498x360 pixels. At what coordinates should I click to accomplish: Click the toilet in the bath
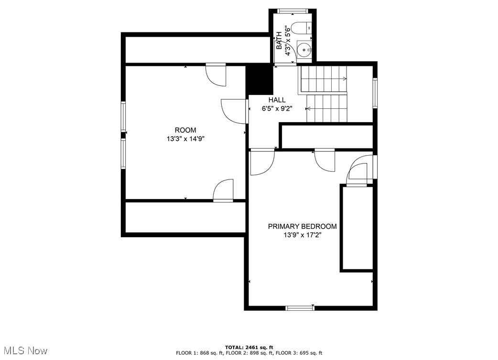[x=302, y=28]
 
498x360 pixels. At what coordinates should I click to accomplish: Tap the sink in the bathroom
[x=304, y=50]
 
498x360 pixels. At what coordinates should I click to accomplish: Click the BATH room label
[x=279, y=40]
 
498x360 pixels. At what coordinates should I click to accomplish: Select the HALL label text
[x=277, y=100]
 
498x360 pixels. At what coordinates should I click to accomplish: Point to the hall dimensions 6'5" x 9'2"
[x=277, y=108]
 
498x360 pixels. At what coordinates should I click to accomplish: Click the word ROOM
[x=185, y=130]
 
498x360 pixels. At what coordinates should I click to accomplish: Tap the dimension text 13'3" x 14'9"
[x=185, y=138]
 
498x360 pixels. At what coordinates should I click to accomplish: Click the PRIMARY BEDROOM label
[x=303, y=226]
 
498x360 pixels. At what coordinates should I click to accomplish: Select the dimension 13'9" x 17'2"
[x=303, y=235]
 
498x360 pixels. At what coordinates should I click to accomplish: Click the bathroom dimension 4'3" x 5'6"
[x=288, y=40]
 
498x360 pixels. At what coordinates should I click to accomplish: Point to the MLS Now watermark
[x=26, y=350]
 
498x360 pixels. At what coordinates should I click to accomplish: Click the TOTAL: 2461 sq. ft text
[x=249, y=347]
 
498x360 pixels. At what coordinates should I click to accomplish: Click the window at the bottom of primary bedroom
[x=300, y=307]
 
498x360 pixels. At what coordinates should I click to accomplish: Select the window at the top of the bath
[x=292, y=11]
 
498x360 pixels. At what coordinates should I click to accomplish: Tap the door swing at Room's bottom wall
[x=223, y=191]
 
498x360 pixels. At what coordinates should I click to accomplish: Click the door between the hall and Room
[x=235, y=111]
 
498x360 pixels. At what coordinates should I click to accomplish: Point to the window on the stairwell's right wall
[x=375, y=93]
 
